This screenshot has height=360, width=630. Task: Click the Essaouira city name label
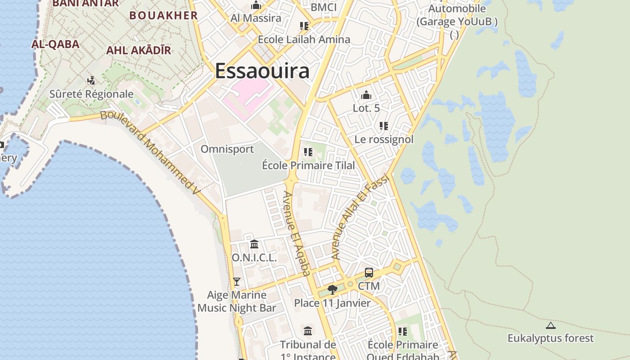[262, 71]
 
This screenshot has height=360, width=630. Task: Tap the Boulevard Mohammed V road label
[150, 152]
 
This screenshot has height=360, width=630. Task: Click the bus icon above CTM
[369, 273]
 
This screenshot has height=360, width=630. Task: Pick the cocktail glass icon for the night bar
[237, 282]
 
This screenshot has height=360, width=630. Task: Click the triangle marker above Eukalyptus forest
[550, 325]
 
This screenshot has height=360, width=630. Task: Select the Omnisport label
[227, 149]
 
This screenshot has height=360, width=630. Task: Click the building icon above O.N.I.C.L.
[254, 244]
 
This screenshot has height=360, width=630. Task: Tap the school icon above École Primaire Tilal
[308, 152]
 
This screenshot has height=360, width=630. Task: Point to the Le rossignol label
[384, 139]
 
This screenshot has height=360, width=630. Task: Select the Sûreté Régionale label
[91, 94]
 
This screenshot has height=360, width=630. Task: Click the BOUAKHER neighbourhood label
[164, 15]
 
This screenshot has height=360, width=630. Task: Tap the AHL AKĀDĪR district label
[139, 50]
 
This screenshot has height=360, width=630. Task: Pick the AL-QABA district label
[55, 44]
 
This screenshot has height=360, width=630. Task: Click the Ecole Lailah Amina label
[304, 40]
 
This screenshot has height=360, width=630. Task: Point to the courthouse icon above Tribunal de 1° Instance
[308, 331]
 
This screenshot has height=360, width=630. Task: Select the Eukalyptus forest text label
[551, 338]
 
